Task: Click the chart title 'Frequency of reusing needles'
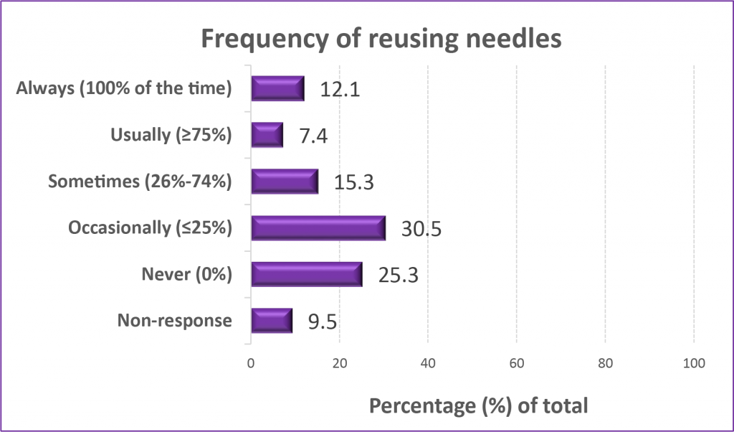[x=381, y=39]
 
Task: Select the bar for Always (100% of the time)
[x=277, y=88]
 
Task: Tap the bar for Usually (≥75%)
[x=267, y=135]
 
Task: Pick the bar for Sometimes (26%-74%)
[x=284, y=182]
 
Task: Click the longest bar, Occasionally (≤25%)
[x=318, y=227]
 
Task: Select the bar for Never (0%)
[x=306, y=274]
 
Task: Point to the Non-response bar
[x=271, y=320]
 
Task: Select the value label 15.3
[x=353, y=182]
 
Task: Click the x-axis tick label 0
[x=251, y=364]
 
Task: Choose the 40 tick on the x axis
[x=428, y=364]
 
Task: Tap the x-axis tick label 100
[x=694, y=364]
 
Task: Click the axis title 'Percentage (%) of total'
[x=478, y=405]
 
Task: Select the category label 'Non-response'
[x=174, y=320]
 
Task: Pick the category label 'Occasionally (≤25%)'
[x=150, y=228]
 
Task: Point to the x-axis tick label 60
[x=517, y=364]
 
